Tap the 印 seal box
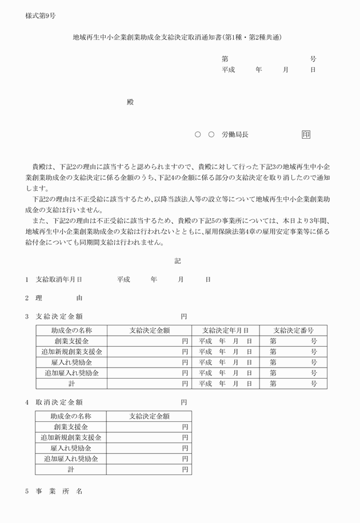tap(306, 135)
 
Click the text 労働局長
tap(235, 135)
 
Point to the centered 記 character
tap(178, 261)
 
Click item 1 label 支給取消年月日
tap(59, 280)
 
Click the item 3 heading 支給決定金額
tap(63, 316)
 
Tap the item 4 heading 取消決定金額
tap(63, 402)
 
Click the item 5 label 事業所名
tap(59, 492)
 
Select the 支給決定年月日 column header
tap(225, 331)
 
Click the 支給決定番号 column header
tap(293, 331)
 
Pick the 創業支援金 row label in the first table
tap(71, 341)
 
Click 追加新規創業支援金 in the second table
tap(71, 438)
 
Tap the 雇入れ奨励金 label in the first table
tap(71, 363)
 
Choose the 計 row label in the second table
tap(71, 469)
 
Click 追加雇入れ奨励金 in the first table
tap(71, 373)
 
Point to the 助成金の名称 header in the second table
tap(71, 416)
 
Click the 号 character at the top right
tap(313, 59)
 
